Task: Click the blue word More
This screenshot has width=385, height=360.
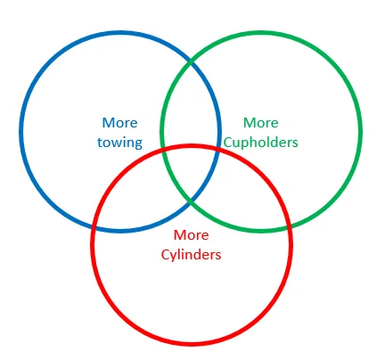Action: [119, 123]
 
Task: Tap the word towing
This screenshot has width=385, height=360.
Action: [119, 143]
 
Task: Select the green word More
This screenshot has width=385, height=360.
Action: [261, 123]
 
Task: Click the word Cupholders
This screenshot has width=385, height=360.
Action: [261, 143]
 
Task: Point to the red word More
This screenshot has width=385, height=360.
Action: [192, 235]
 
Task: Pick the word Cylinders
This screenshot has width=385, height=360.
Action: [192, 255]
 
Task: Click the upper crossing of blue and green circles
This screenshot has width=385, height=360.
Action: [191, 61]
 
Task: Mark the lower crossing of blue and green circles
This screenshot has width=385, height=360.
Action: [191, 200]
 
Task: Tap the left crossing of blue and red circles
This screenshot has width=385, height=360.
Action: [94, 228]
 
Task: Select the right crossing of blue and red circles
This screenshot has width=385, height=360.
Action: [218, 148]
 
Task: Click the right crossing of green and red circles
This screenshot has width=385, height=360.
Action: [289, 227]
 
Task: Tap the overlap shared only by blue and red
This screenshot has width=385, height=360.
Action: [140, 205]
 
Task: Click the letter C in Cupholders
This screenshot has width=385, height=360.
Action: [228, 143]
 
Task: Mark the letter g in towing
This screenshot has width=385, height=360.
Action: [138, 144]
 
